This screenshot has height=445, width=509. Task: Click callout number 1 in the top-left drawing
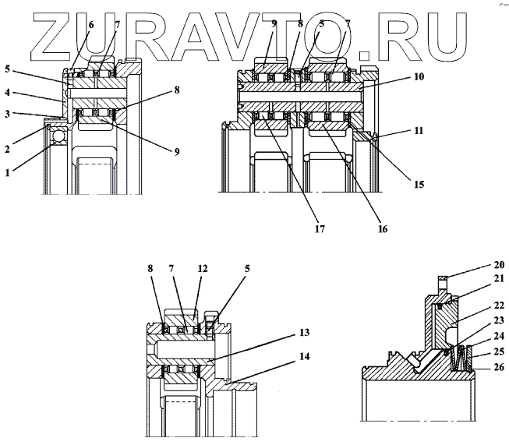pos(8,153)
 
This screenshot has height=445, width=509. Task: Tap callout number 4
pos(8,93)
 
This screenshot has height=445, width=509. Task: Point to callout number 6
pos(90,25)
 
